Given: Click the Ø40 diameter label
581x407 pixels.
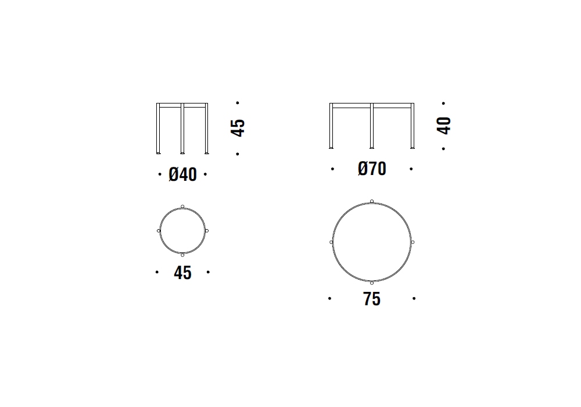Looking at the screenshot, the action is [182, 174].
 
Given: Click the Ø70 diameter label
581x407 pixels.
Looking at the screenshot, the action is [372, 169].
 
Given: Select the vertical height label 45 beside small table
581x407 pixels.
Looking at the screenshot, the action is [238, 128].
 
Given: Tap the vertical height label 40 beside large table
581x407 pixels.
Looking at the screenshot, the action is [444, 126].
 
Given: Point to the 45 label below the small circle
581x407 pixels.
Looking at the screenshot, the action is [182, 273].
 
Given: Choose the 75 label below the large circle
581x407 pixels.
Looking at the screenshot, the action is [372, 299].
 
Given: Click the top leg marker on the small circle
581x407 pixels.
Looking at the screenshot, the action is [182, 206].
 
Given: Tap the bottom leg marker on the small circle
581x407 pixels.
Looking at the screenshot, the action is [182, 255].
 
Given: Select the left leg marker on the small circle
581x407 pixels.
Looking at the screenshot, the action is [159, 231].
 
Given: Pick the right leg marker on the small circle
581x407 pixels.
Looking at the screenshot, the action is [207, 231].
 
